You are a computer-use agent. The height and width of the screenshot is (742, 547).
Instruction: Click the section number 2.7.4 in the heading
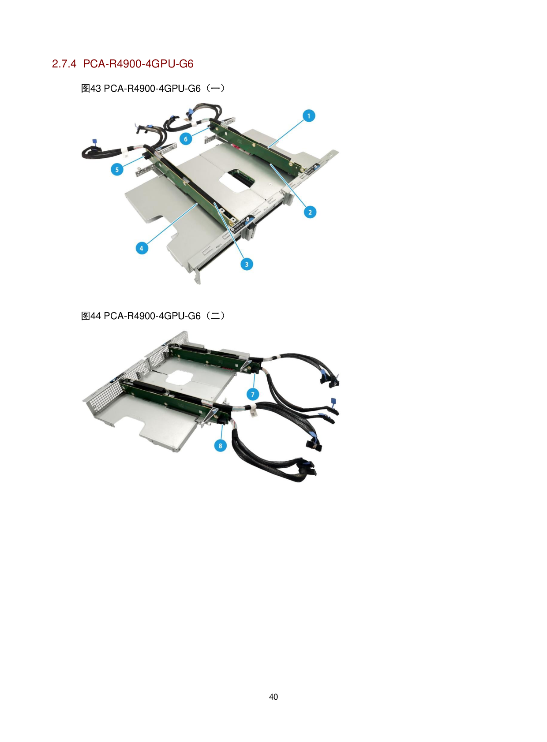tap(64, 64)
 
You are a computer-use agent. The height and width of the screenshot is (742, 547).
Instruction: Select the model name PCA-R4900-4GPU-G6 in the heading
tap(138, 64)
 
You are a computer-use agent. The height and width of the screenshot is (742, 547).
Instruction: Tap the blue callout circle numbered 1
tap(309, 116)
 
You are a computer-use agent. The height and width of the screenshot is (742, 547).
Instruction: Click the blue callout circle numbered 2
tap(310, 212)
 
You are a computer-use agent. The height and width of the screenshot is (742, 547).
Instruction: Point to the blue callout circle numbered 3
tap(247, 264)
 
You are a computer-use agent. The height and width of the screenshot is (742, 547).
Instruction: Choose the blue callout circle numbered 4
tap(142, 248)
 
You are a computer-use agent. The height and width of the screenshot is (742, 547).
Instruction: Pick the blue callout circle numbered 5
tap(117, 169)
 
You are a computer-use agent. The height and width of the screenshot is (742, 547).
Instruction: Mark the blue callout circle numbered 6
tap(186, 139)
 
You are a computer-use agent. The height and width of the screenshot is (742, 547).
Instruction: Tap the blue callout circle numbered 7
tap(253, 394)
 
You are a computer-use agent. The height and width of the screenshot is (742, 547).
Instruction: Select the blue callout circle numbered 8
tap(220, 445)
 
